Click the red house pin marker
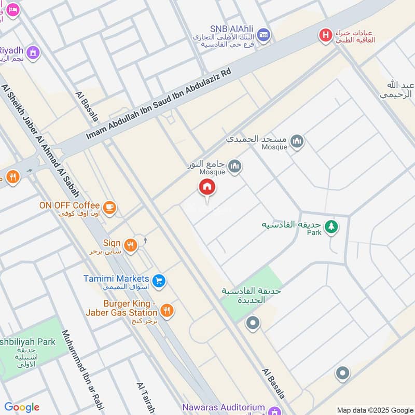point(207,188)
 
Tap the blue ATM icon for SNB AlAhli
point(264,34)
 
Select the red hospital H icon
point(325,35)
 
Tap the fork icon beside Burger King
point(167,311)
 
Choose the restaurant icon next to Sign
point(131,245)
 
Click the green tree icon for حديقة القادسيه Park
point(330,227)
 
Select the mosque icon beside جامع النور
point(235,167)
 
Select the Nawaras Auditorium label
point(224,408)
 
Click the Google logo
point(22,407)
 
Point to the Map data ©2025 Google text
point(374,410)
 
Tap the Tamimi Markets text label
point(116,279)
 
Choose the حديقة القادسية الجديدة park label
point(251,295)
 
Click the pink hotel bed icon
point(12,10)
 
